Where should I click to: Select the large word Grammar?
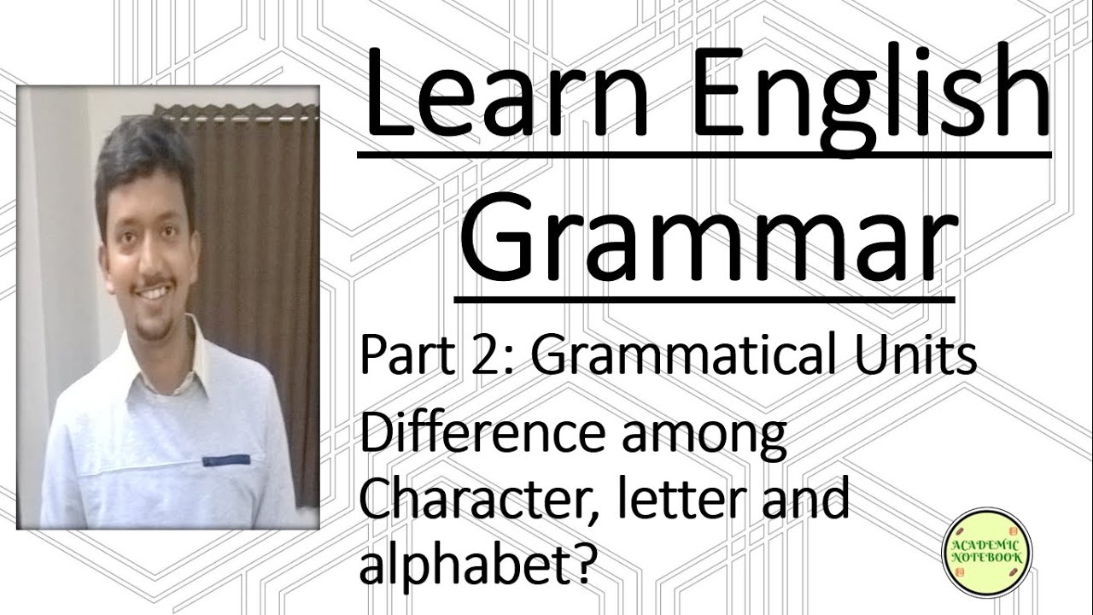tap(704, 239)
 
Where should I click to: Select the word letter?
tap(678, 500)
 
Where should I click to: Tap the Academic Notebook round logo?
tap(986, 551)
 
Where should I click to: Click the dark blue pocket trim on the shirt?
tap(225, 460)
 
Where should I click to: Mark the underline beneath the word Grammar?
tap(704, 299)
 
